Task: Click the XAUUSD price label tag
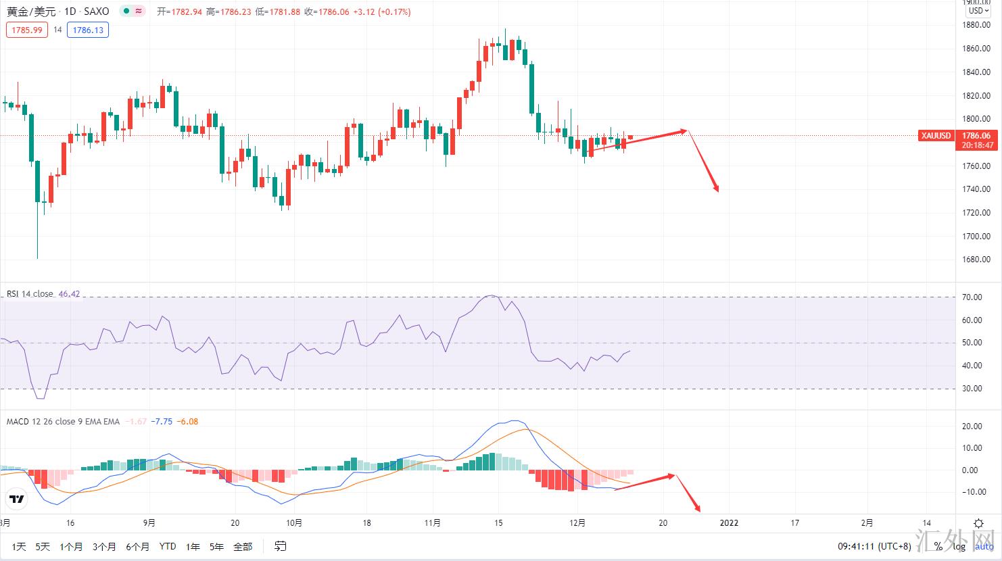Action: click(x=936, y=136)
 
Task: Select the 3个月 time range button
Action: click(x=104, y=546)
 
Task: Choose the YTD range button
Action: click(x=167, y=546)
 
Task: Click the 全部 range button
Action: click(x=243, y=546)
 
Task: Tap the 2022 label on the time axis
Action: click(x=729, y=522)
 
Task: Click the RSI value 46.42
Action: click(x=69, y=294)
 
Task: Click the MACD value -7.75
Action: click(x=162, y=422)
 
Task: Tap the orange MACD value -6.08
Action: click(x=187, y=422)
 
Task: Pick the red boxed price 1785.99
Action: click(x=27, y=30)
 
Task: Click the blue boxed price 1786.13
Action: click(x=87, y=30)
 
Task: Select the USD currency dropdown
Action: click(x=978, y=11)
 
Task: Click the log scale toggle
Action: click(x=959, y=546)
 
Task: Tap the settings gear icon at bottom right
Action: click(x=978, y=523)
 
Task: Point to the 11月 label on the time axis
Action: click(x=433, y=522)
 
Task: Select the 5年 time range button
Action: click(x=216, y=546)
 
